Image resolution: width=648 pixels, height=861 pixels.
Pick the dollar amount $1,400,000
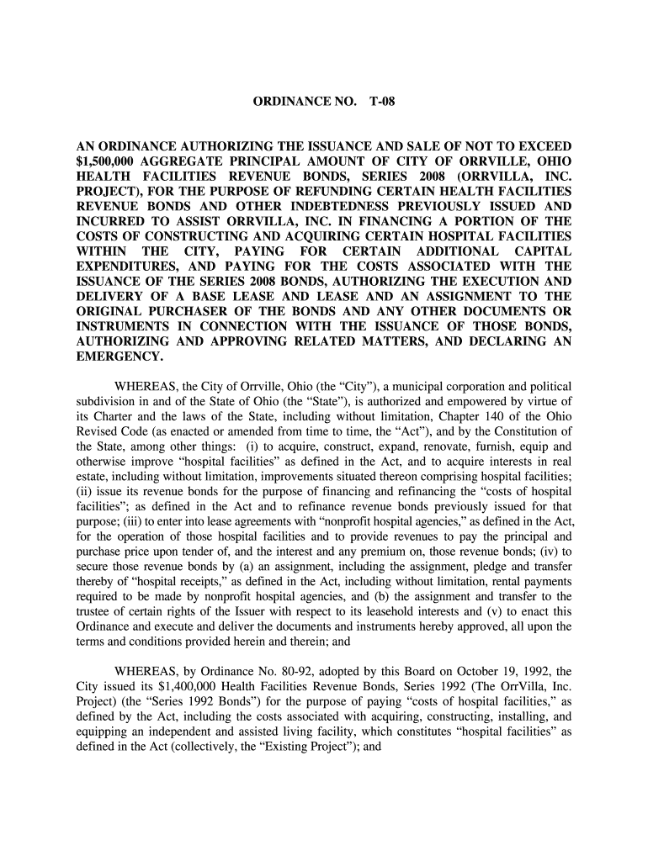click(x=176, y=687)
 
